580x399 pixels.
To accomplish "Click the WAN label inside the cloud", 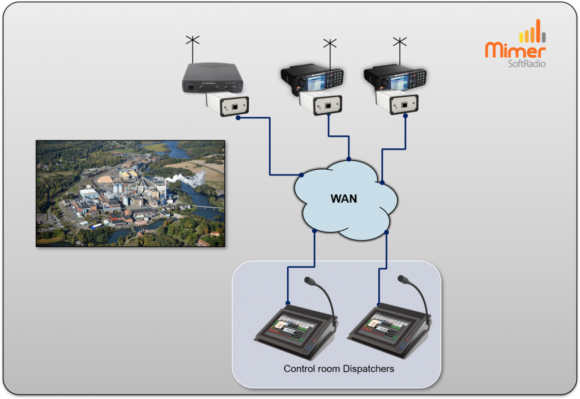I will [x=344, y=199].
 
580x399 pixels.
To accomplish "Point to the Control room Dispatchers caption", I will [x=339, y=369].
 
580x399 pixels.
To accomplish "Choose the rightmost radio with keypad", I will [x=395, y=80].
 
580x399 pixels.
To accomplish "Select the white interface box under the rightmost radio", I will [x=398, y=102].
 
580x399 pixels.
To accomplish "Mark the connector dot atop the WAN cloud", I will [x=349, y=159].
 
